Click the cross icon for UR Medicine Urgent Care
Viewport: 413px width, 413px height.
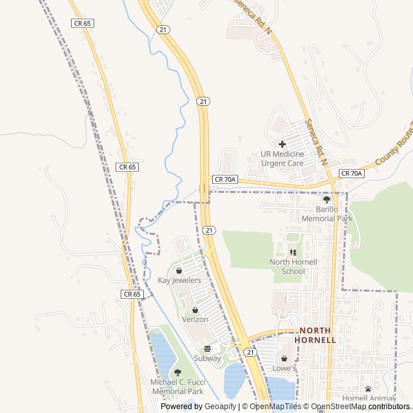(x=282, y=144)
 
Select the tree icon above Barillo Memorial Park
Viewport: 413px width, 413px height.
(x=327, y=199)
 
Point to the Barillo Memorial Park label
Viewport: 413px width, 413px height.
(x=326, y=214)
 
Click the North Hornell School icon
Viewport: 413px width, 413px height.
(x=293, y=252)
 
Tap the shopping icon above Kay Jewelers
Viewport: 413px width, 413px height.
(x=179, y=270)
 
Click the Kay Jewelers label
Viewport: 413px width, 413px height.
(x=179, y=281)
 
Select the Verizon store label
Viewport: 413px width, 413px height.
(x=195, y=319)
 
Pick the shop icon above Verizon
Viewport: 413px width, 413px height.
(x=195, y=310)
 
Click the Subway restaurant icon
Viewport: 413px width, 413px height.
(x=207, y=348)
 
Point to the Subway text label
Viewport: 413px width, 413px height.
(x=207, y=358)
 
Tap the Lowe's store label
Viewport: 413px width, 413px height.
(x=284, y=368)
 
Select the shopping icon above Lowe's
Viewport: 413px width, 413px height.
(x=284, y=359)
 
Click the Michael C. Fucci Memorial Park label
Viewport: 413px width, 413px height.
(x=177, y=387)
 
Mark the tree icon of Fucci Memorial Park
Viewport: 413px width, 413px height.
(x=177, y=372)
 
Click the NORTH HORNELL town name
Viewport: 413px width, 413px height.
(x=315, y=335)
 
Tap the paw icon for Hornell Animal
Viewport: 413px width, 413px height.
(x=368, y=388)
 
